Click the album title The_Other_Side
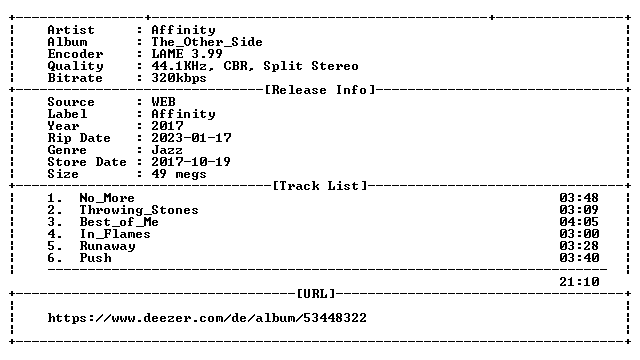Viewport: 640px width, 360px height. coord(207,42)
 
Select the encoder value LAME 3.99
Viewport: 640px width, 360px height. coord(187,54)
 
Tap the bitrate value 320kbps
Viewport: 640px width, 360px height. coord(179,78)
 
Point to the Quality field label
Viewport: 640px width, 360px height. coord(76,66)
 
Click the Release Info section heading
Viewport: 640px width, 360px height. coord(320,90)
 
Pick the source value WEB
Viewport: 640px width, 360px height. coord(163,102)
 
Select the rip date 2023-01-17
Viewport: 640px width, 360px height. coord(191,138)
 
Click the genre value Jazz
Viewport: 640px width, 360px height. coord(167,150)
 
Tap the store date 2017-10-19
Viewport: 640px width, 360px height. coord(191,162)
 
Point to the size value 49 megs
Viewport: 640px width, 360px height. coord(179,174)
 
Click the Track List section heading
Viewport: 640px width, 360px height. coord(320,186)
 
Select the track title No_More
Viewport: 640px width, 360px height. coord(107,198)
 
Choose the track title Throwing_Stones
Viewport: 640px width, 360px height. coord(139,210)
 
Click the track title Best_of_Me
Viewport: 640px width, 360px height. coord(119,222)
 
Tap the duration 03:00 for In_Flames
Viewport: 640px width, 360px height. coord(579,234)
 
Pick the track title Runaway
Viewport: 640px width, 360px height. coord(107,246)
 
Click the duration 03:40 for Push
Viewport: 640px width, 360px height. coord(579,258)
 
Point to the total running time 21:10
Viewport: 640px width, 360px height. coord(579,282)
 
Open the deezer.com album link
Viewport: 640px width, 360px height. coord(207,318)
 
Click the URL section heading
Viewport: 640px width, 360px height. coord(316,294)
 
